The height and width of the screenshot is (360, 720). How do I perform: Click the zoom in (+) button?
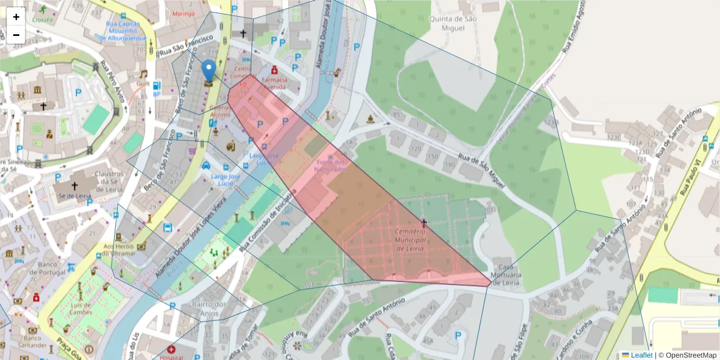pyautogui.click(x=16, y=17)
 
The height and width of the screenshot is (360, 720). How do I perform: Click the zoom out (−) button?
pyautogui.click(x=16, y=35)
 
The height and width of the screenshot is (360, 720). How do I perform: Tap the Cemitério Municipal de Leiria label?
pyautogui.click(x=410, y=239)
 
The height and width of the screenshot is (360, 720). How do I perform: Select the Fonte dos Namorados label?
pyautogui.click(x=331, y=166)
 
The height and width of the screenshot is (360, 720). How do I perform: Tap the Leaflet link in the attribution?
pyautogui.click(x=641, y=355)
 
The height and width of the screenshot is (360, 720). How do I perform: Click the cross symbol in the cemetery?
pyautogui.click(x=424, y=223)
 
